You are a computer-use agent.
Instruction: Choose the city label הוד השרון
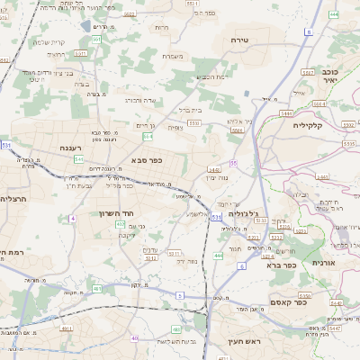[114, 213]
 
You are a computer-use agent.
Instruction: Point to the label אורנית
[324, 262]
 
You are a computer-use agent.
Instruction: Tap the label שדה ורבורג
[139, 100]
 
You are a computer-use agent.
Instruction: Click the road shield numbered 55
[233, 163]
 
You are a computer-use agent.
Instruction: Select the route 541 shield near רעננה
[79, 159]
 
